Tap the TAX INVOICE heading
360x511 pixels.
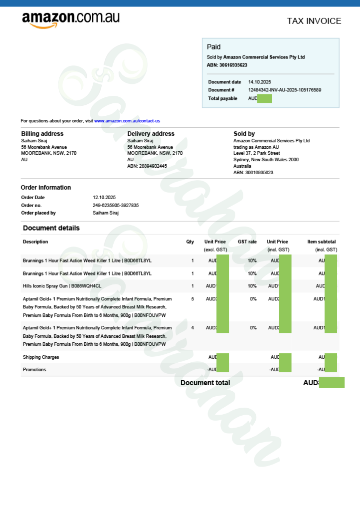coord(314,21)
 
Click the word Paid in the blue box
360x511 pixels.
coord(213,47)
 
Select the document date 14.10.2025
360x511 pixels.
coord(259,82)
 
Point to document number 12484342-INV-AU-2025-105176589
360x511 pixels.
coord(285,90)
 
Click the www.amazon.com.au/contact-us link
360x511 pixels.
coord(127,121)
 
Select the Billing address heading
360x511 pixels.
coord(42,134)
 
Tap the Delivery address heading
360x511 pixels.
coord(151,134)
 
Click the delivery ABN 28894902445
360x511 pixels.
coord(147,166)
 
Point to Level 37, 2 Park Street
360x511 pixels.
coord(256,153)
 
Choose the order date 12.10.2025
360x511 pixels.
coord(104,198)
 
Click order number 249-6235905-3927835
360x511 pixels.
coord(116,205)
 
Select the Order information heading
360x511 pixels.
coord(46,188)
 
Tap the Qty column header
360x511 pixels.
coord(190,242)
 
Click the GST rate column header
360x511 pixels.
coord(247,242)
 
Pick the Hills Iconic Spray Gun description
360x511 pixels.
coord(62,286)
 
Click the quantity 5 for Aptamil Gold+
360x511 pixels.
coord(192,299)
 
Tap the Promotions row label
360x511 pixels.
coord(34,370)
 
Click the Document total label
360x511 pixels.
coord(205,383)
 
